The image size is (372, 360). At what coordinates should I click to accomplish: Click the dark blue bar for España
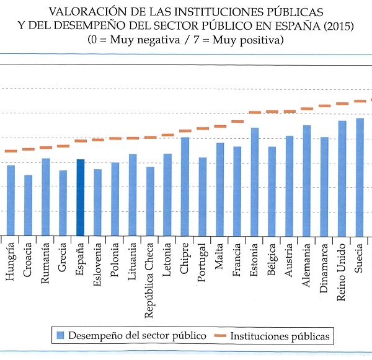80,197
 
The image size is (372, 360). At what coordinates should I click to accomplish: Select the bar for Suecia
360,177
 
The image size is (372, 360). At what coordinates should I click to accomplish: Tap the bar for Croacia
28,205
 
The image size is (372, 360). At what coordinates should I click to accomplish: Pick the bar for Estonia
255,182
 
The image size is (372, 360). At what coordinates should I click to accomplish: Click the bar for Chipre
185,186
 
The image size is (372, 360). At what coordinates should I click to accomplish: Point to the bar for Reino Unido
342,178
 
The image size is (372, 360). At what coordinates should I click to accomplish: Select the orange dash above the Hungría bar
11,151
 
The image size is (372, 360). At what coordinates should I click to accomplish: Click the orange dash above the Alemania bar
307,109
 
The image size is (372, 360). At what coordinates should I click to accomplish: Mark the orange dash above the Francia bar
237,121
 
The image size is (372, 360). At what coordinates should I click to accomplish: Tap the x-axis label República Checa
150,279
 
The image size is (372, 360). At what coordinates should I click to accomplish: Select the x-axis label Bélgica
272,264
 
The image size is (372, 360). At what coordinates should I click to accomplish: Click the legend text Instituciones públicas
280,336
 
